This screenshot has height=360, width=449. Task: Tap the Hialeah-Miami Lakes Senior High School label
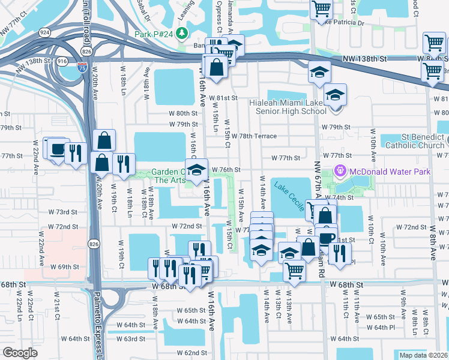pos(288,107)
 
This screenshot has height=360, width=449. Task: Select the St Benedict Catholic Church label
pos(414,140)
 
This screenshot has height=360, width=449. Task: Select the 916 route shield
pos(62,61)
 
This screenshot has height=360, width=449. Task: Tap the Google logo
pos(20,353)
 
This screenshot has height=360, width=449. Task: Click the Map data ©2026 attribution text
pos(423,355)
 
